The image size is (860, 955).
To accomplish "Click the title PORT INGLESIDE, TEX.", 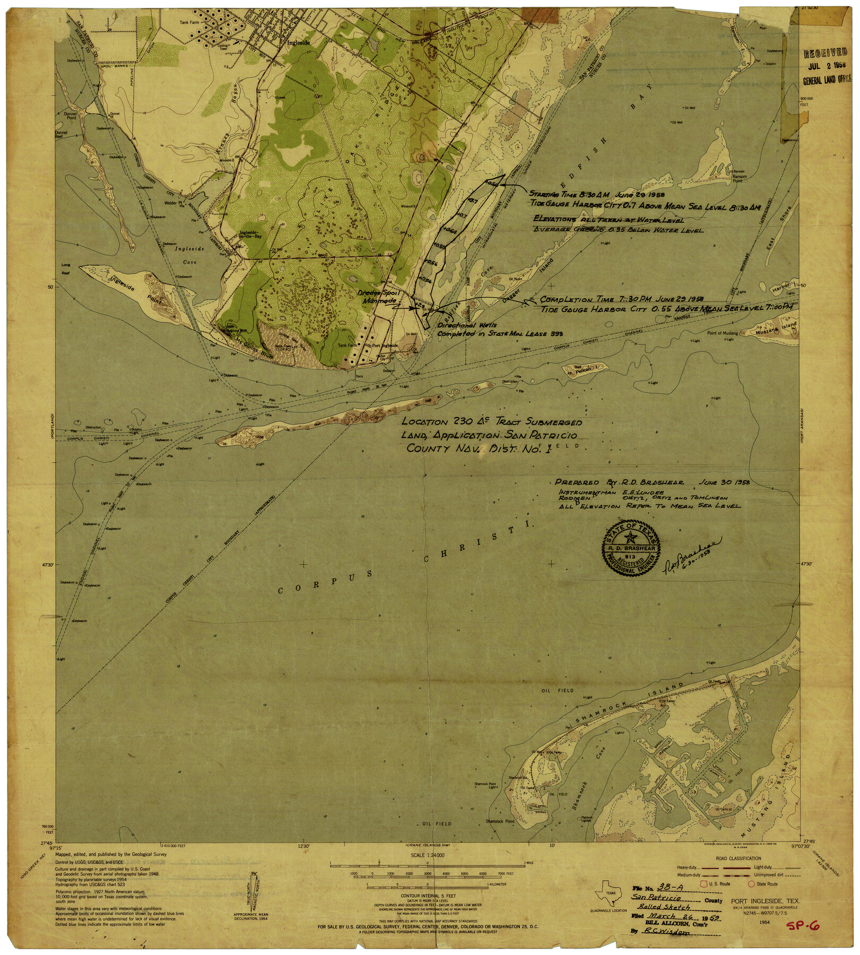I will pyautogui.click(x=765, y=901).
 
